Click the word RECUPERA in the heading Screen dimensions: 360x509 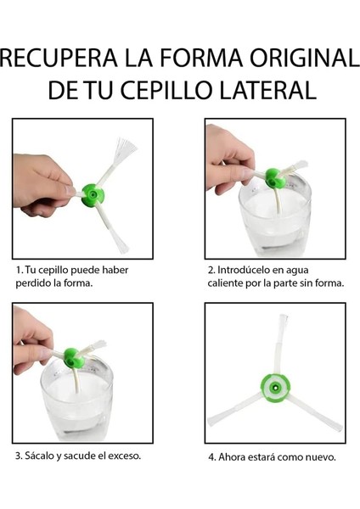(x=59, y=58)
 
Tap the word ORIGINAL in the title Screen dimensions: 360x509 (x=305, y=58)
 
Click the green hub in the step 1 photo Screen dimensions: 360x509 (x=93, y=195)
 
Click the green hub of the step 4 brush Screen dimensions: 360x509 (x=275, y=388)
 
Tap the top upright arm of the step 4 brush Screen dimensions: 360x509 (x=281, y=344)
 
